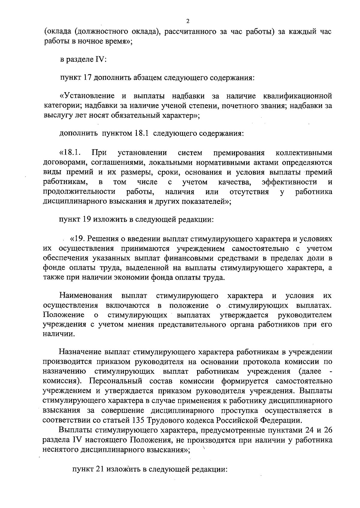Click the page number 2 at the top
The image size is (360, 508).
(x=188, y=21)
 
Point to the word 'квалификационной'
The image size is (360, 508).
(x=297, y=96)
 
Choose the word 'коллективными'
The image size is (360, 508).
(x=304, y=153)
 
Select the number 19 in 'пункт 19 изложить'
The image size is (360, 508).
(x=87, y=220)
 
